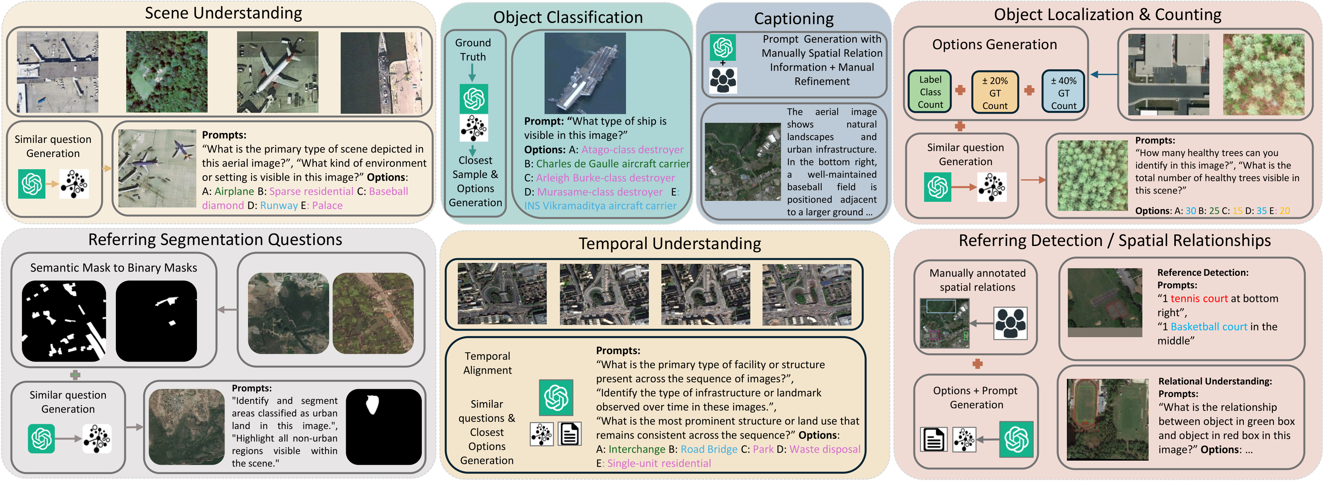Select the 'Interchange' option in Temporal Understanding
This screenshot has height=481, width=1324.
coord(637,449)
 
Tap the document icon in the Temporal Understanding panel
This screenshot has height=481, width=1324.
coord(570,434)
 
